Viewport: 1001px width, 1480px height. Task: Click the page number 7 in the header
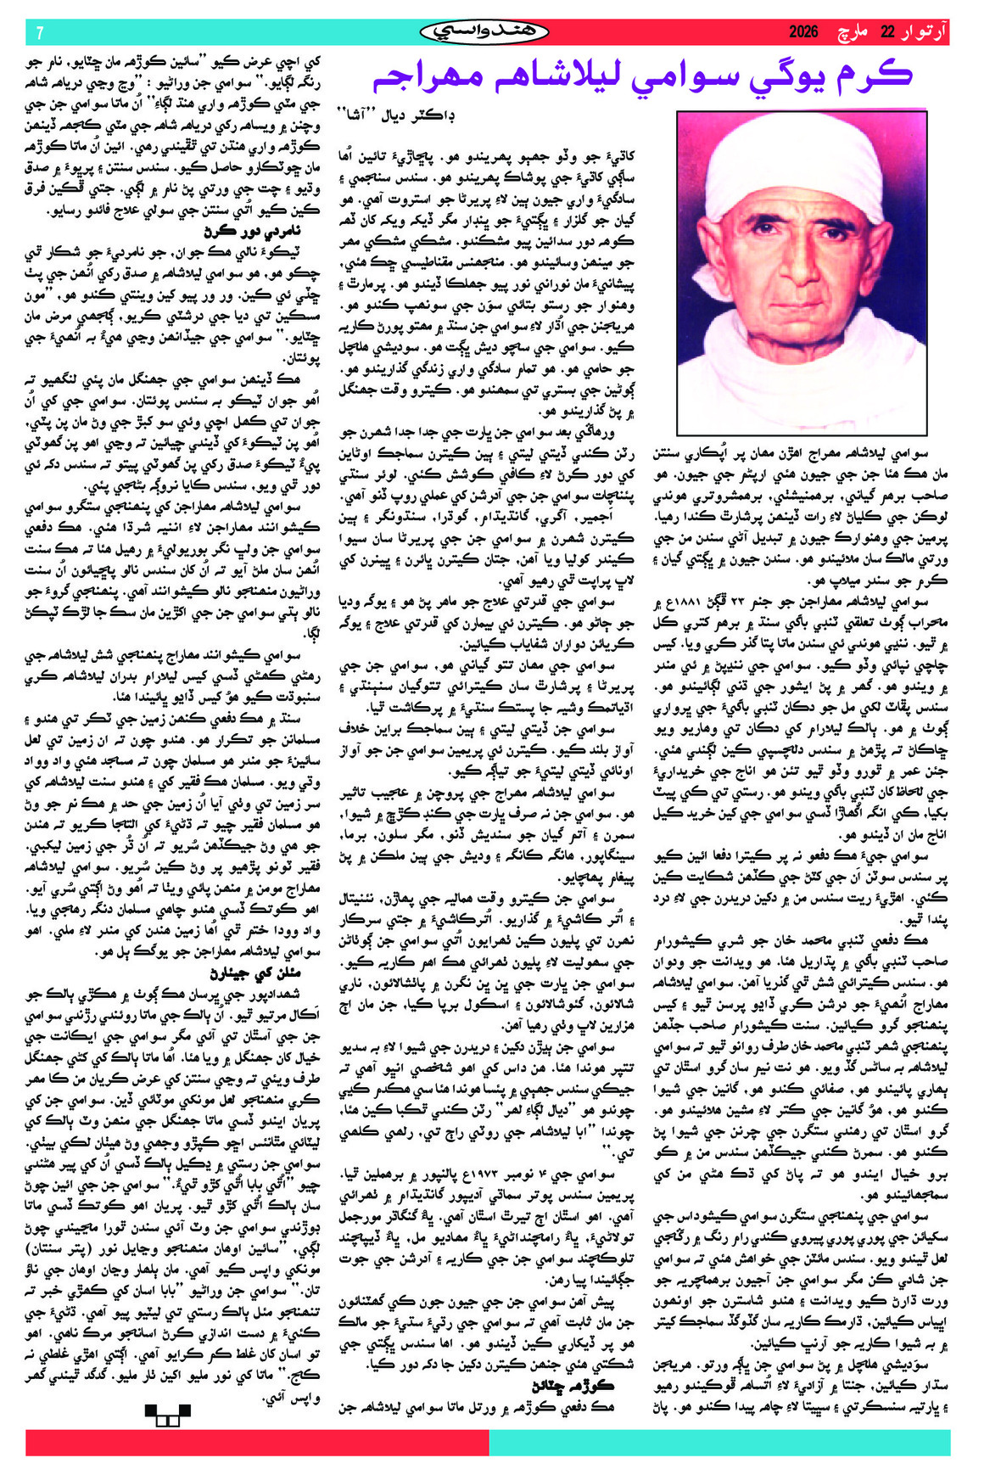click(39, 32)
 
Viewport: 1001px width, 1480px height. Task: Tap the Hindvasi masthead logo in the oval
click(484, 32)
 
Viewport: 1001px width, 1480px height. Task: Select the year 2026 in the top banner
click(803, 32)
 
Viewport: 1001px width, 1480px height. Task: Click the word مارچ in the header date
click(853, 32)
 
